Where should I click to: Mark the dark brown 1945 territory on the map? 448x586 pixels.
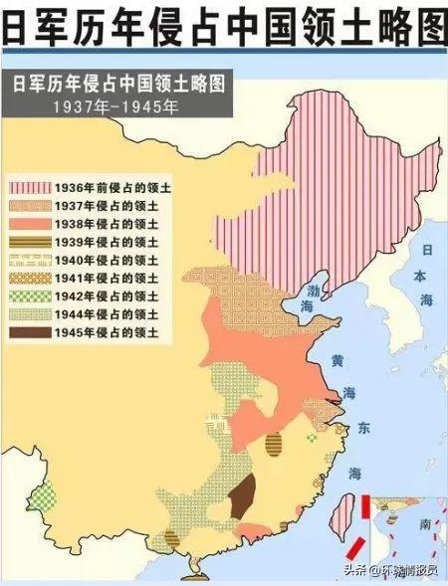(241, 495)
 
